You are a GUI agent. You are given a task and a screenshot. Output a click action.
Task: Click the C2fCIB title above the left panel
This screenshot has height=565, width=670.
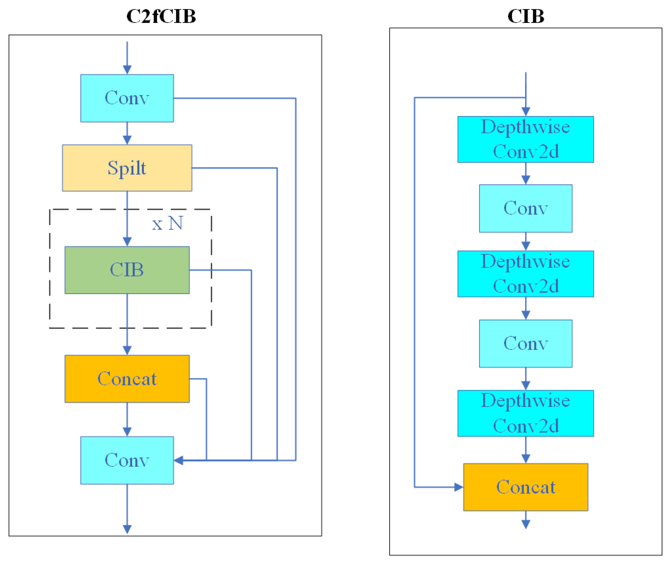coord(161,16)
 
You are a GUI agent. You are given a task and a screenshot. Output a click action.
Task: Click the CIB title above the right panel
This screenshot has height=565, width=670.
coord(525,16)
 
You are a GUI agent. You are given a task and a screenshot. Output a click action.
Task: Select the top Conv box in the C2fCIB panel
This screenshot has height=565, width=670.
coord(127,98)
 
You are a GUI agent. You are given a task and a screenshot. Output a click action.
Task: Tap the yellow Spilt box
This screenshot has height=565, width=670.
coord(127,168)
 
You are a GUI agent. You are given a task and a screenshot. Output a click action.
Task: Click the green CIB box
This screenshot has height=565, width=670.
coord(127,270)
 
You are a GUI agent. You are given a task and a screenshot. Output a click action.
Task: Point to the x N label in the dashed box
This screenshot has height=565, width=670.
coord(167,223)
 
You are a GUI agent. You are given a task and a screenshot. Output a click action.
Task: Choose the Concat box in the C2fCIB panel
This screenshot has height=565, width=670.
coord(127,379)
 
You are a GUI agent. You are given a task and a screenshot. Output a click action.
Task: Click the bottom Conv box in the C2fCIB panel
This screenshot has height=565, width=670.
coord(127,460)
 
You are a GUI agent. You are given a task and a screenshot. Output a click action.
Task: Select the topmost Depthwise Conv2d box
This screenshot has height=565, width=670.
coord(525,139)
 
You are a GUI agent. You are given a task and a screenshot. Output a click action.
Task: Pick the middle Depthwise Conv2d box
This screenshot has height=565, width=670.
coord(525,274)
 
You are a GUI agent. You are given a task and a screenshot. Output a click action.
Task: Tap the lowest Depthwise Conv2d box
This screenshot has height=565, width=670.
coord(525,413)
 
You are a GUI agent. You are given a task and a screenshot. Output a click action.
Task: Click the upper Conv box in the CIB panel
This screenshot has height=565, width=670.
coord(525,208)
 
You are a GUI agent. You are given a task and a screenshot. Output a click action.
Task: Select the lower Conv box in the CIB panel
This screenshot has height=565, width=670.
coord(525,344)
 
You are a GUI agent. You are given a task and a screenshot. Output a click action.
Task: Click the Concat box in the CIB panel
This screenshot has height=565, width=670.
coord(525,487)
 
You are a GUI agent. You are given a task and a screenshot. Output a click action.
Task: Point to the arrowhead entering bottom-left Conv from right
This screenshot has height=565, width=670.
coord(179,460)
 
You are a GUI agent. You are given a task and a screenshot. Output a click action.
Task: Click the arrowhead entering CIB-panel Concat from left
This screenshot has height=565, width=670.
coord(459,487)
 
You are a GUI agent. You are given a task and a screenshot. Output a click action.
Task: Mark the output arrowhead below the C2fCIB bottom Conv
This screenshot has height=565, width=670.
coord(127,529)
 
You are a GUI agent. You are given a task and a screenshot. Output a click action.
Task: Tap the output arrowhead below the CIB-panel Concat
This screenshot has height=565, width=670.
coord(525,524)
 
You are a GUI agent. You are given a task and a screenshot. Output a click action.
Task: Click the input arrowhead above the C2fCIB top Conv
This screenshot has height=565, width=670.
coord(127,69)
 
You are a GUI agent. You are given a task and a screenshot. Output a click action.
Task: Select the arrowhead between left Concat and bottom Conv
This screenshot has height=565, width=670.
coord(127,432)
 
